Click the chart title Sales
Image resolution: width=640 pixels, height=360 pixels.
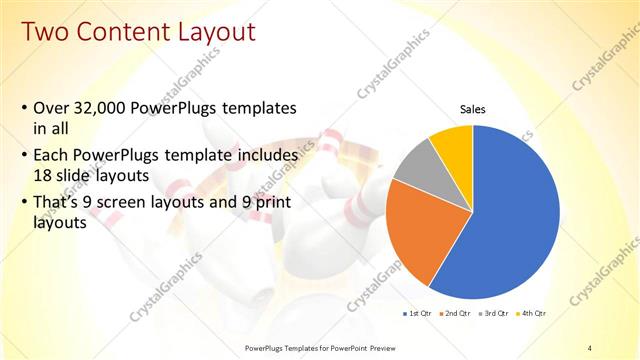pos(472,109)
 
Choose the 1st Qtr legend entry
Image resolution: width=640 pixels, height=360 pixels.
pos(417,313)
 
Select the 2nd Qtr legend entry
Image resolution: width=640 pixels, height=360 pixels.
pos(455,313)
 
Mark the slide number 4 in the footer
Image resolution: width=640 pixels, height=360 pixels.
pos(590,347)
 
